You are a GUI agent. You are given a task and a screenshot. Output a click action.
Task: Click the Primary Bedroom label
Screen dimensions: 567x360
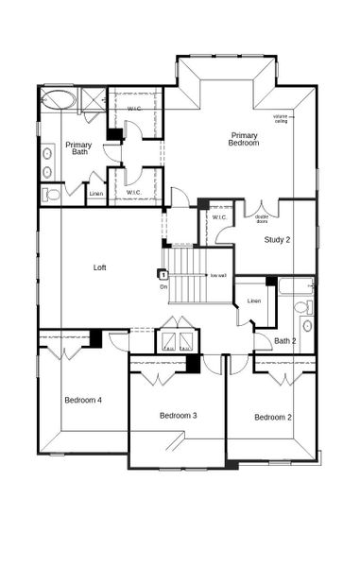244,139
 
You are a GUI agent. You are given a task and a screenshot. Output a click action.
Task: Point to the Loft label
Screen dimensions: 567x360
99,267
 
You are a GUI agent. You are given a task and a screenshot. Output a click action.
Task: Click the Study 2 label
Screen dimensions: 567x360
277,239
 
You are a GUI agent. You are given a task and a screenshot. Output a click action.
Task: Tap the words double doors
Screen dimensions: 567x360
262,219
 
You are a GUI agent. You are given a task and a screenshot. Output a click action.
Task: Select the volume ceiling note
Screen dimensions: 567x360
281,118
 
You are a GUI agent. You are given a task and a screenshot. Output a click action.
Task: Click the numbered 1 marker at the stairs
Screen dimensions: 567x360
163,273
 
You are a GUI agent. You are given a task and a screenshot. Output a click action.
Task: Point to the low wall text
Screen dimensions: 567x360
218,275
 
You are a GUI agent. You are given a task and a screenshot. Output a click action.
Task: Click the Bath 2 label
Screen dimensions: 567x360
285,341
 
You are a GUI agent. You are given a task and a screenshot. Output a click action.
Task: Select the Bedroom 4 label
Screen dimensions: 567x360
83,400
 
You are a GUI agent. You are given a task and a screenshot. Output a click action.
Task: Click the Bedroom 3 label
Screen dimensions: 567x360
178,415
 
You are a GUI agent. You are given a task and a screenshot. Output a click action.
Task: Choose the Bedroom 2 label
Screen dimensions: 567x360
272,417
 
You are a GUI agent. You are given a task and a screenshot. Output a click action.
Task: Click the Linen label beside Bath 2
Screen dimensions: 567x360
254,301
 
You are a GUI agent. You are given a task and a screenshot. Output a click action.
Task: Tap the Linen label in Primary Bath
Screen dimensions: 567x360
95,195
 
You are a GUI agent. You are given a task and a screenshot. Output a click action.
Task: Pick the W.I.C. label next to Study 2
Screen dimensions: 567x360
219,217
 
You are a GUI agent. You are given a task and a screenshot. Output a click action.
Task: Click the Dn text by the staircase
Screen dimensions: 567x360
163,285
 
